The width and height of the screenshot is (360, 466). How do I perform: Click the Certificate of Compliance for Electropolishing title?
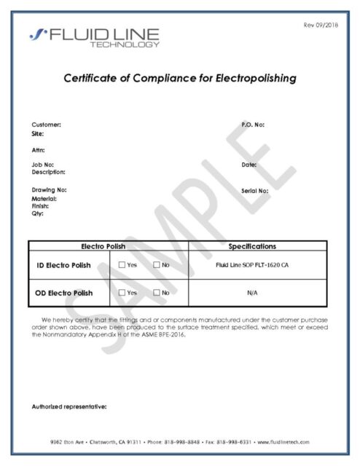[x=179, y=79]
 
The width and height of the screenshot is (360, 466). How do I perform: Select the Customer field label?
[x=46, y=125]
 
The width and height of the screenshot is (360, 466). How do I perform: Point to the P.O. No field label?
[x=252, y=125]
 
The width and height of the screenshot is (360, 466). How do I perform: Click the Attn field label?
[x=39, y=150]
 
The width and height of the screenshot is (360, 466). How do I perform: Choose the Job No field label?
[x=42, y=165]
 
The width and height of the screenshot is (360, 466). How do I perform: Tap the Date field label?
[x=249, y=165]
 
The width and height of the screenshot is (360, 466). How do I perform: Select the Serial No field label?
[x=254, y=191]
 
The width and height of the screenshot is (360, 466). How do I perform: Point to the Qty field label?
[x=38, y=213]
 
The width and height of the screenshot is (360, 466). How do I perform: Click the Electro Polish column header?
[x=108, y=247]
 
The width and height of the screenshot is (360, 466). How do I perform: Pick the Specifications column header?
[x=257, y=247]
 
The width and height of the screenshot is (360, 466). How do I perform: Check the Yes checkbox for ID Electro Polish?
[x=122, y=265]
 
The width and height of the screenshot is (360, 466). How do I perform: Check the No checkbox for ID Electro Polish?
[x=156, y=265]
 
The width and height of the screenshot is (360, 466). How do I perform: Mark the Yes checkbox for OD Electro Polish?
[x=122, y=293]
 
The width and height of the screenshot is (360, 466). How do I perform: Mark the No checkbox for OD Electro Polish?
[x=156, y=293]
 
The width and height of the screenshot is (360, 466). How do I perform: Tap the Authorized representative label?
[x=69, y=406]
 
